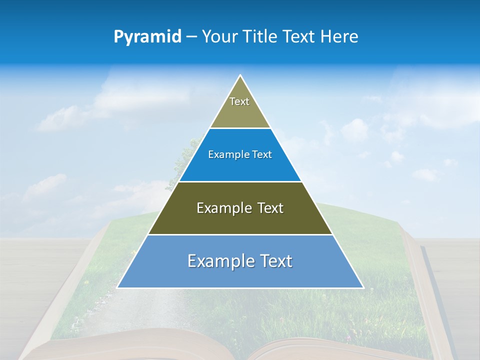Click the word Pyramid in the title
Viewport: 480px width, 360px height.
[147, 37]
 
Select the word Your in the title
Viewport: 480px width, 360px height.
[219, 37]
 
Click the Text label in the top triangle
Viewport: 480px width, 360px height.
[239, 101]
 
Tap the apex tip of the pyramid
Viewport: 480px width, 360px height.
[240, 76]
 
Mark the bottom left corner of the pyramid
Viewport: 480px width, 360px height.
[118, 287]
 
